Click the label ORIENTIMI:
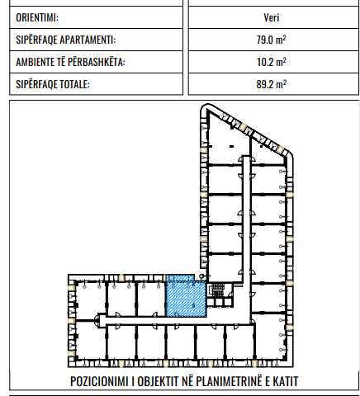(x=37, y=16)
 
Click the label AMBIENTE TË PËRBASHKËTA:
(x=70, y=62)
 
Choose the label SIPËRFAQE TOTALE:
(x=53, y=84)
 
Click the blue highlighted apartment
(x=184, y=297)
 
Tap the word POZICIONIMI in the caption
(x=104, y=382)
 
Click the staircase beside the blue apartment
(x=217, y=290)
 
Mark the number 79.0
(x=264, y=40)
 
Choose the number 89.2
(x=264, y=84)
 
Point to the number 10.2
(x=264, y=62)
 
